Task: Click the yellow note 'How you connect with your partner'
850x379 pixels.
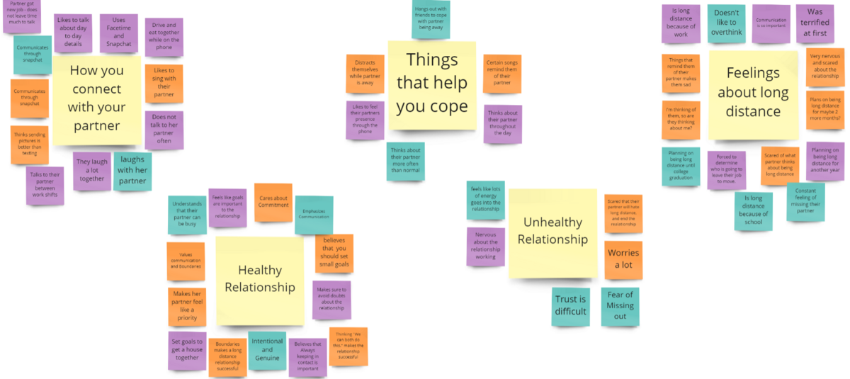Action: pyautogui.click(x=96, y=98)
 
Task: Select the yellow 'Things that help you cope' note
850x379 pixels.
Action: pyautogui.click(x=431, y=84)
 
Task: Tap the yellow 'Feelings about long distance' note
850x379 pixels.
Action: pyautogui.click(x=753, y=93)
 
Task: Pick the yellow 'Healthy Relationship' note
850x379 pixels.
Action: pyautogui.click(x=260, y=278)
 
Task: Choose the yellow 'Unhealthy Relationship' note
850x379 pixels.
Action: pyautogui.click(x=552, y=232)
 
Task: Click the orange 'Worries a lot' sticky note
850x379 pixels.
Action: pyautogui.click(x=623, y=259)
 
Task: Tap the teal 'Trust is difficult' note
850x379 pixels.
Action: pyautogui.click(x=571, y=306)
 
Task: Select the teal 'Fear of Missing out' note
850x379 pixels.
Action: pyautogui.click(x=620, y=306)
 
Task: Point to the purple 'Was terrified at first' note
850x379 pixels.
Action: pyautogui.click(x=815, y=24)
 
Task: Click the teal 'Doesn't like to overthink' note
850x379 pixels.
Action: pyautogui.click(x=726, y=24)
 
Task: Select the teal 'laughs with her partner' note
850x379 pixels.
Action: pyautogui.click(x=132, y=171)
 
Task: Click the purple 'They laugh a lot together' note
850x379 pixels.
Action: pyautogui.click(x=92, y=170)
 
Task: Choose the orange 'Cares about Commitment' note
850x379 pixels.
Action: pyautogui.click(x=273, y=202)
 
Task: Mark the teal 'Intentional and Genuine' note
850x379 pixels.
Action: pyautogui.click(x=267, y=350)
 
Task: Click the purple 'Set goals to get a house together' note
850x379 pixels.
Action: pyautogui.click(x=187, y=350)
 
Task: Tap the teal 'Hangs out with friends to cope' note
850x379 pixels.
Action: pyautogui.click(x=431, y=20)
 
